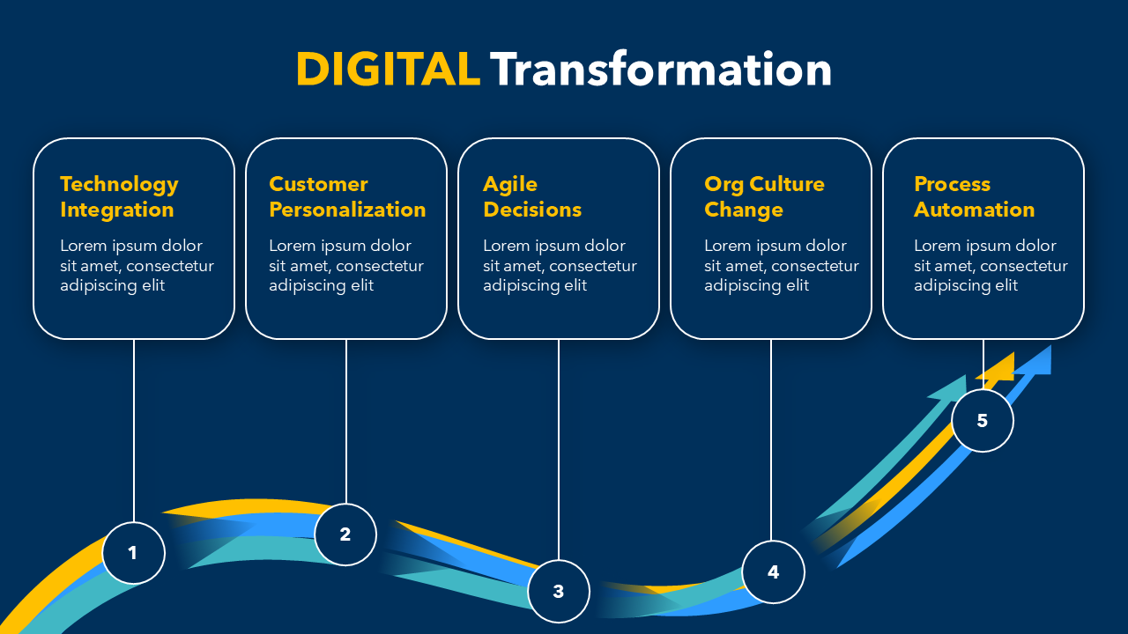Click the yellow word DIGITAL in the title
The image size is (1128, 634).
coord(388,70)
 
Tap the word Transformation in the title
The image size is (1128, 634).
coord(661,70)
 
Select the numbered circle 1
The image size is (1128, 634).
coord(133,553)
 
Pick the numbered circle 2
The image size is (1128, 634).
coord(345,534)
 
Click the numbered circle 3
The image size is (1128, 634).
coord(559,591)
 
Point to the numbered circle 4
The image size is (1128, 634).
coord(773,572)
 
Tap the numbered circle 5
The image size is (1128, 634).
coord(983,421)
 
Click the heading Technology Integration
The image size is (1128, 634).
coord(119,197)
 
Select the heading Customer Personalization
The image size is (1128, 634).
coord(347,197)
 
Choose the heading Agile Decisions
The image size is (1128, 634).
coord(532,197)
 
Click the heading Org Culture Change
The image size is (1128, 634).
coord(764,197)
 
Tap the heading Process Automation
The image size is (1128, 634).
coord(975,196)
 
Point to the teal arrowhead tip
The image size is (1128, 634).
coord(965,375)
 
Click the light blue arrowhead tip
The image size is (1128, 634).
coord(1050,346)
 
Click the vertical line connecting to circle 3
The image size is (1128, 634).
coord(559,450)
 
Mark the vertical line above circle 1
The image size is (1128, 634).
coord(133,431)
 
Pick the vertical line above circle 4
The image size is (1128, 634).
coord(771,440)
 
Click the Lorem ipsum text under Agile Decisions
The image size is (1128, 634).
coord(560,266)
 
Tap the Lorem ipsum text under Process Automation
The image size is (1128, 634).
coord(991,266)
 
